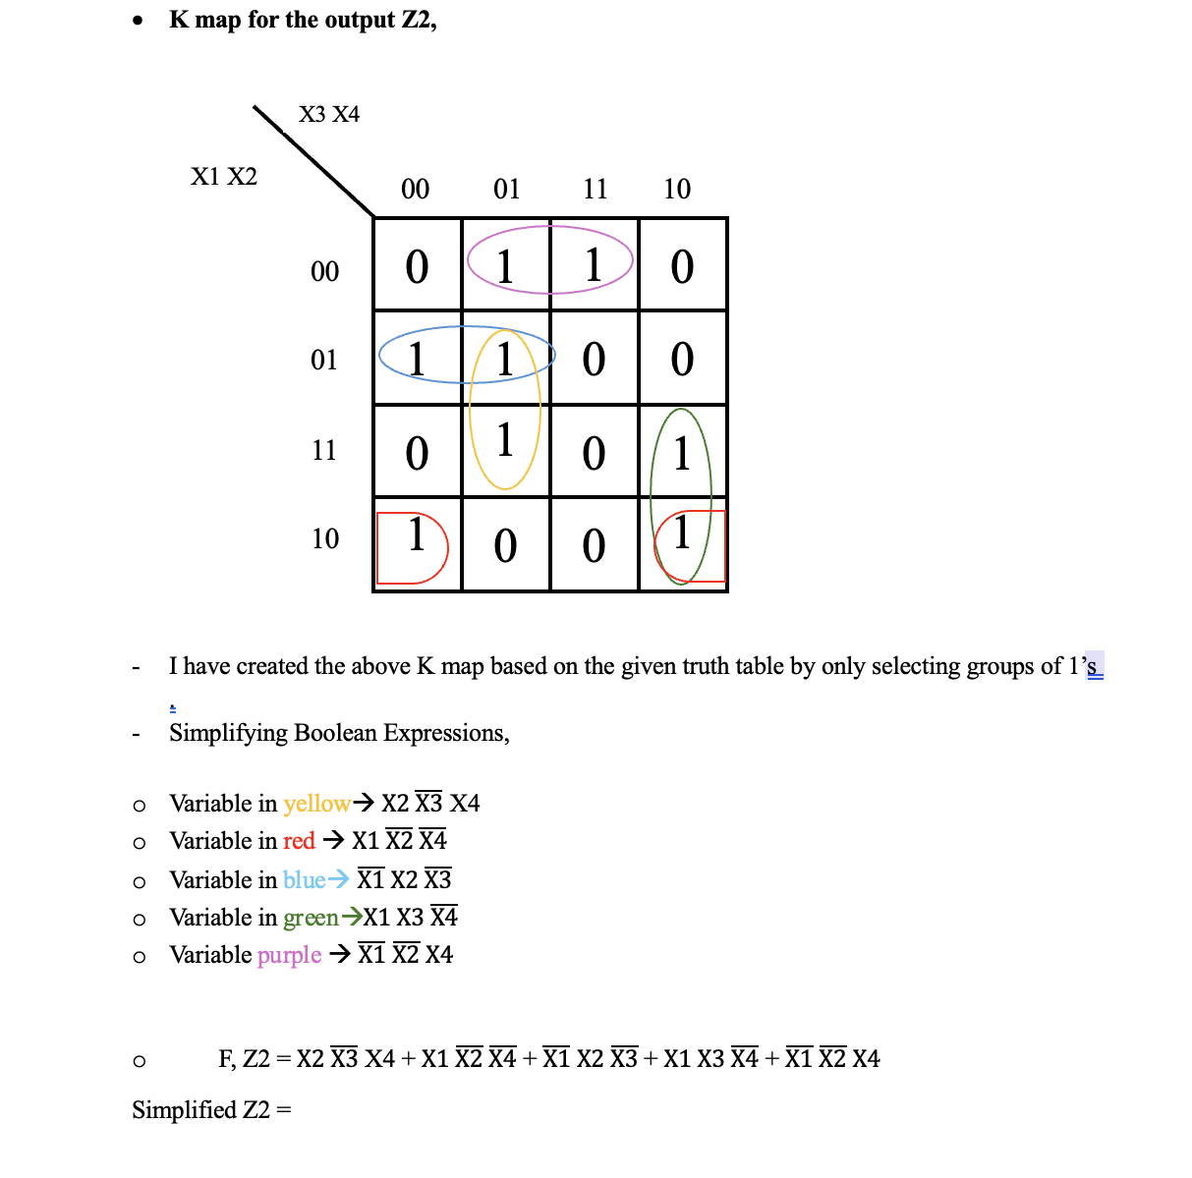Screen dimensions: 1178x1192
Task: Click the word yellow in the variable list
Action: click(316, 804)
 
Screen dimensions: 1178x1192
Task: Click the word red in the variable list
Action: click(299, 841)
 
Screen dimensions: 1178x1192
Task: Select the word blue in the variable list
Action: click(304, 879)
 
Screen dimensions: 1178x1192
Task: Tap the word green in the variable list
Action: click(311, 918)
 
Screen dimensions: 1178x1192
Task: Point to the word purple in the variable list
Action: click(289, 955)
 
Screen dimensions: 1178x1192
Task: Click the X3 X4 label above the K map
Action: click(329, 115)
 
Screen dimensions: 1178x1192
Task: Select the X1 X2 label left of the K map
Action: click(224, 177)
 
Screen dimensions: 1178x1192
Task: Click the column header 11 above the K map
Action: click(596, 189)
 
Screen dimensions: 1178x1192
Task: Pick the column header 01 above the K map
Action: click(506, 189)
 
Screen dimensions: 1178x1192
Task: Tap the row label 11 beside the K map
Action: click(324, 451)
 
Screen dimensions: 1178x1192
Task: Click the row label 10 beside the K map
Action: click(325, 539)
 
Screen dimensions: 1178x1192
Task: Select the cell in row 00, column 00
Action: click(417, 266)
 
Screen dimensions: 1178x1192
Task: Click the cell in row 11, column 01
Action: click(505, 450)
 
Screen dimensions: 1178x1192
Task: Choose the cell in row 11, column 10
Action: click(682, 450)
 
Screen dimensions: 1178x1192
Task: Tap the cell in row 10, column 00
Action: click(417, 543)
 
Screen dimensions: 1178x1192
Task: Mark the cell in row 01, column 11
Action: click(594, 359)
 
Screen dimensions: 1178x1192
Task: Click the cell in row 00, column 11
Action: click(594, 266)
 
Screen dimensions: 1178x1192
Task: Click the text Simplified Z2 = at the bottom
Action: click(212, 1110)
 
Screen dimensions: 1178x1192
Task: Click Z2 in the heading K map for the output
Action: click(417, 20)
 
